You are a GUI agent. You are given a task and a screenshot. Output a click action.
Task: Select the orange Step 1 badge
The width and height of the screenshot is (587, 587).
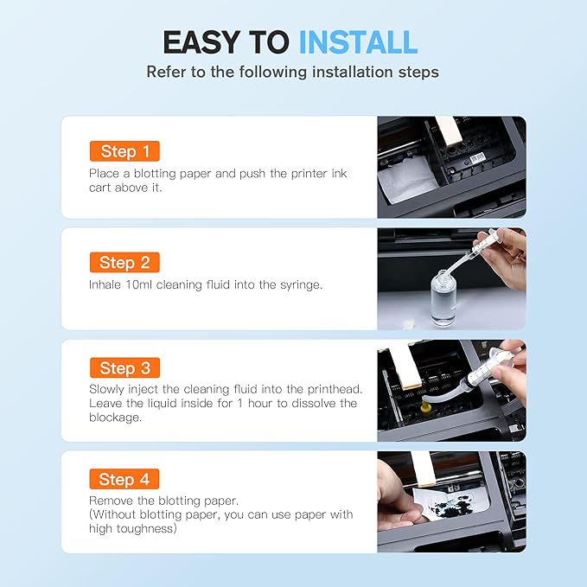[x=124, y=151]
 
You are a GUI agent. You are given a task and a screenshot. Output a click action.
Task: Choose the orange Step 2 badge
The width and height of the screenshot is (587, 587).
[x=124, y=263]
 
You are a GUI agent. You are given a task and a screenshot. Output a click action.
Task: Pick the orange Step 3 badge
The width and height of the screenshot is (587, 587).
[x=124, y=368]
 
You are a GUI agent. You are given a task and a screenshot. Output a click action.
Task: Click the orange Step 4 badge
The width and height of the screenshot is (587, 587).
[x=124, y=479]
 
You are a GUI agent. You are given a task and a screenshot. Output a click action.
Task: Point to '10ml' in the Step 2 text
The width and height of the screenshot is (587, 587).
[x=144, y=284]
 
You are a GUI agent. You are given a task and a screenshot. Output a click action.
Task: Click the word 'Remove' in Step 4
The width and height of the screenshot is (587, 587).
[x=111, y=501]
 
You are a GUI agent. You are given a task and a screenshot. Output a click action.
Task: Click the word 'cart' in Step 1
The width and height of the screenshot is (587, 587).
[x=101, y=187]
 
